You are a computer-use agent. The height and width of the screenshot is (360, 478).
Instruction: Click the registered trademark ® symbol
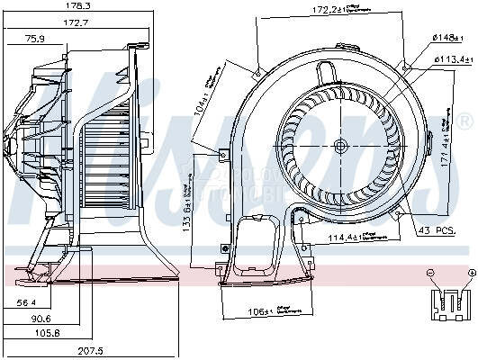click(464, 120)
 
